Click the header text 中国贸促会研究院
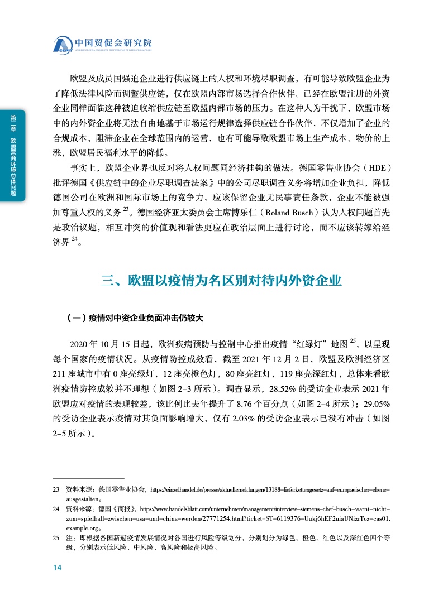click(x=113, y=42)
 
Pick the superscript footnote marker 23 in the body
click(x=126, y=209)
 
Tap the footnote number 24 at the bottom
click(x=56, y=509)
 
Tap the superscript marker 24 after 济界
click(x=74, y=239)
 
